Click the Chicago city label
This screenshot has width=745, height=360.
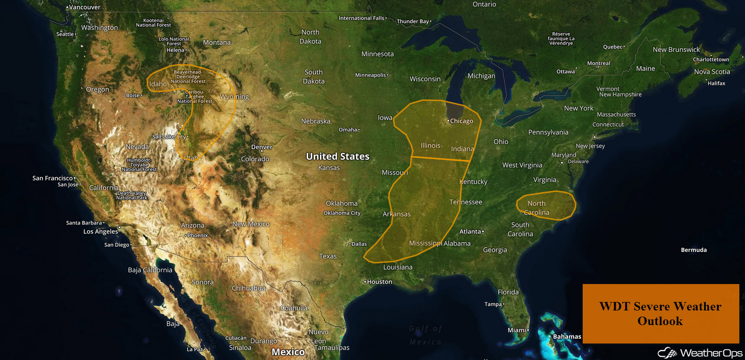(461, 121)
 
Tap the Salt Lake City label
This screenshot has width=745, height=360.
(169, 137)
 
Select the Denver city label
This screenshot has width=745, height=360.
(262, 147)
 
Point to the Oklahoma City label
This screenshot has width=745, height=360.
(342, 213)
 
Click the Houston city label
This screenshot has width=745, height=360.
(379, 282)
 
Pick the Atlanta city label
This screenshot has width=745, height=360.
(470, 232)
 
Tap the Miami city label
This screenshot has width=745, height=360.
(517, 330)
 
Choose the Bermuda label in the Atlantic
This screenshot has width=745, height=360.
(694, 250)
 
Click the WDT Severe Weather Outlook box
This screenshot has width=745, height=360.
(661, 314)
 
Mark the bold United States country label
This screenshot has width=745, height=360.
(337, 157)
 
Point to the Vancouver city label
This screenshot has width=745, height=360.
(84, 8)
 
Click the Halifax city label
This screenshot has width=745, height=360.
(716, 84)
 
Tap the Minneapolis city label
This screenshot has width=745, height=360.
(371, 75)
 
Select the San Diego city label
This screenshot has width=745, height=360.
(117, 245)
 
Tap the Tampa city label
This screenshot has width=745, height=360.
(493, 304)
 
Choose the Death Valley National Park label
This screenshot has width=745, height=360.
(132, 195)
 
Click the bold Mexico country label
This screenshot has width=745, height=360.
(288, 352)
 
